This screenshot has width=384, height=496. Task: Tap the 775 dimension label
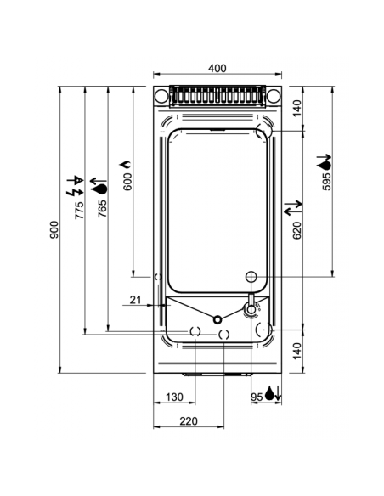79,211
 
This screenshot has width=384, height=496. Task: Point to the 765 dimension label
102,211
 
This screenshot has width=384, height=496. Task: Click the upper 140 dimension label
296,109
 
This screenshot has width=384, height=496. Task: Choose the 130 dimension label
175,397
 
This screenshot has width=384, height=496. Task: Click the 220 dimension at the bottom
188,420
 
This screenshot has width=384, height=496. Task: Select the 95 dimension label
256,395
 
